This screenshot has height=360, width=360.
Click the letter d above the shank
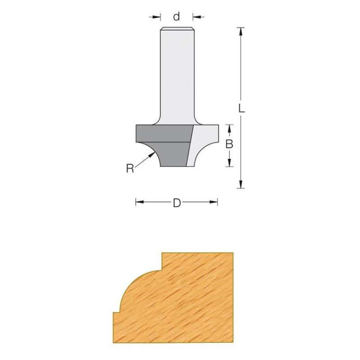(176, 17)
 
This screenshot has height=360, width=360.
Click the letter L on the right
(241, 108)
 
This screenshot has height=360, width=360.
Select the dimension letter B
(229, 144)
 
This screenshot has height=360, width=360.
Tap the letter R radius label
(130, 169)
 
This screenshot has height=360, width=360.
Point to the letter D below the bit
(176, 203)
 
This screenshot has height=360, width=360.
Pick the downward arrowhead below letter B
(229, 163)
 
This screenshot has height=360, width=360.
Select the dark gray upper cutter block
(162, 134)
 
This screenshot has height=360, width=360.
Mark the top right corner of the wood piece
(233, 253)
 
